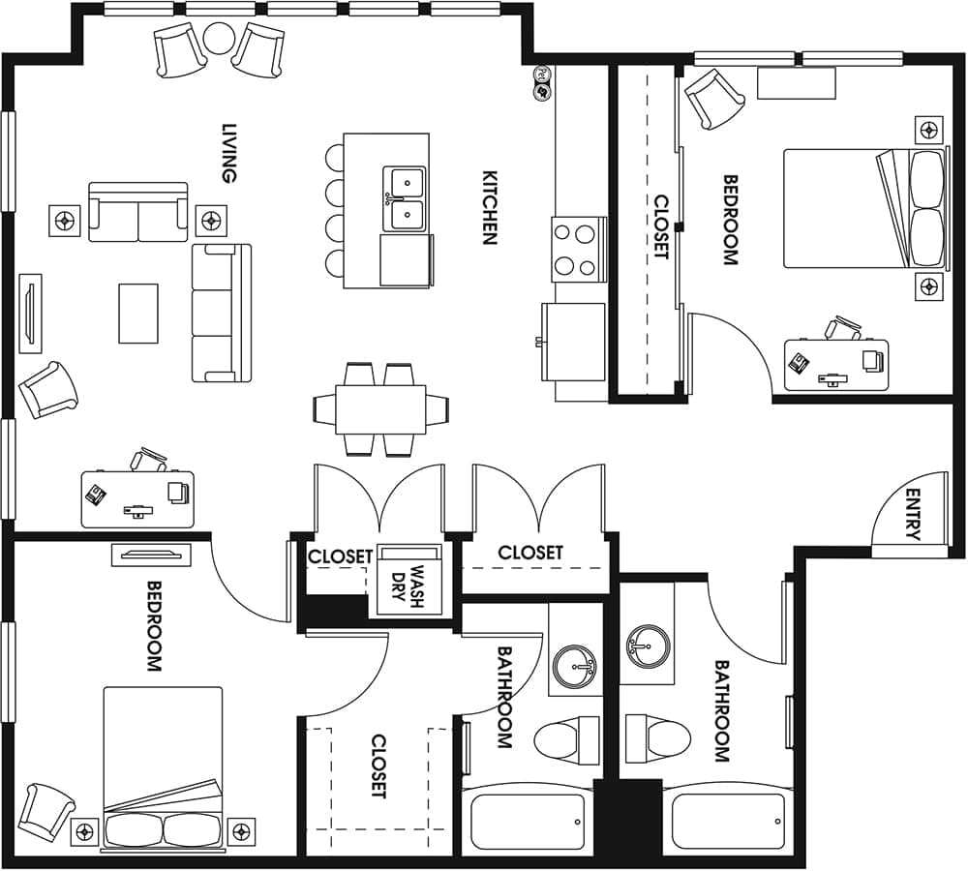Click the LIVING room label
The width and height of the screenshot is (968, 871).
229,153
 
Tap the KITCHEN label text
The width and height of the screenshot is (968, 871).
490,208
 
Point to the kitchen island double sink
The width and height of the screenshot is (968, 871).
405,199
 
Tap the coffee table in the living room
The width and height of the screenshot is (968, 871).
138,313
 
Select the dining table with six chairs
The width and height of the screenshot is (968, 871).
381,409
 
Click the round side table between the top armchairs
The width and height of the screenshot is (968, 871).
219,39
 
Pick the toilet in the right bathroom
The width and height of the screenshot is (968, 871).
659,738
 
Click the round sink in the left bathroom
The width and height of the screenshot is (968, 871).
577,666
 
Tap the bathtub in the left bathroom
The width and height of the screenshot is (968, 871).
528,821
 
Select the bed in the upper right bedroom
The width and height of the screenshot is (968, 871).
863,208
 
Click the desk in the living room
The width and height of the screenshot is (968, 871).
137,498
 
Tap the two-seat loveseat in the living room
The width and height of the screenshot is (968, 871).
138,212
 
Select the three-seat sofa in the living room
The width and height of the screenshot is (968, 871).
222,313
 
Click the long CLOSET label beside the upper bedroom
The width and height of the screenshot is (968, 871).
661,227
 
